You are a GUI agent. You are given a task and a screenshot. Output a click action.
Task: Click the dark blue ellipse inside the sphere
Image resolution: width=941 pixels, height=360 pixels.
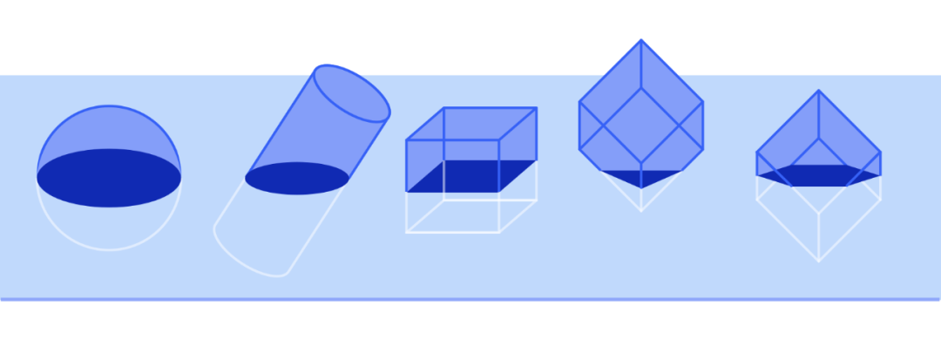109,178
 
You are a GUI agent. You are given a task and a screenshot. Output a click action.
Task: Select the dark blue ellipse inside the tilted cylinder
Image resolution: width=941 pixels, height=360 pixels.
297,178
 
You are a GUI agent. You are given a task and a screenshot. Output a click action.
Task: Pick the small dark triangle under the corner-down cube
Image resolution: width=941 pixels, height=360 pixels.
641,178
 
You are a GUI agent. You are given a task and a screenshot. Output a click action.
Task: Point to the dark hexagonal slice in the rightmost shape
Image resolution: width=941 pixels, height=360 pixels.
818,175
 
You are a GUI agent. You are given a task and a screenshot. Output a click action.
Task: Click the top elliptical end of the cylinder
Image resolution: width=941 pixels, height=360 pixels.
351,93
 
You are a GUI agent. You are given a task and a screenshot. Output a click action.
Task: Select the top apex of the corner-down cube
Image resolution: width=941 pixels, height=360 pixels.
641,39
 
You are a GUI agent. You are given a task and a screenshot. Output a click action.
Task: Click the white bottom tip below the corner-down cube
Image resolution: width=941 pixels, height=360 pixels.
641,211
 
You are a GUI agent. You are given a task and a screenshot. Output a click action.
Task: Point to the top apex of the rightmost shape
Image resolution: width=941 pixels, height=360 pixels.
818,91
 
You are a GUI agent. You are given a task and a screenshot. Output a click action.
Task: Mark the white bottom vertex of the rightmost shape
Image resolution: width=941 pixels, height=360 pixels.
818,260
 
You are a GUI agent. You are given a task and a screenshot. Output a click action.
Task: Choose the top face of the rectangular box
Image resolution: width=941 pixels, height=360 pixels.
471,123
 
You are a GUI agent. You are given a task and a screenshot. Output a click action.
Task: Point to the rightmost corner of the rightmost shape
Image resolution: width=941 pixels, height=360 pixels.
880,153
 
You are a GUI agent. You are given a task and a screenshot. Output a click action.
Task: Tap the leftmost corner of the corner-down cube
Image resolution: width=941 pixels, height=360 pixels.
579,104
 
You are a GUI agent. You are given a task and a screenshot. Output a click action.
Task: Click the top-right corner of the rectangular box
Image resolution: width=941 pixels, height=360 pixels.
536,108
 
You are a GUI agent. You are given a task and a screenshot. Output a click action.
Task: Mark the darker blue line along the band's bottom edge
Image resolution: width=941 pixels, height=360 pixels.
470,299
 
